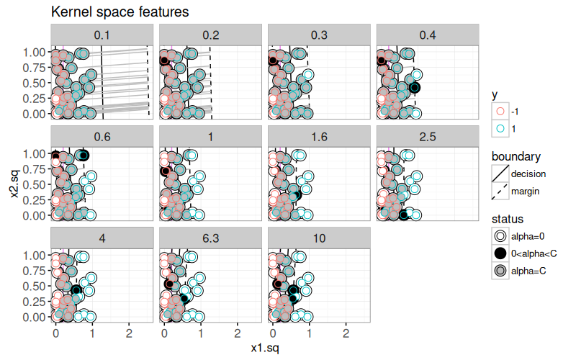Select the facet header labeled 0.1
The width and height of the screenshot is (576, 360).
[102, 34]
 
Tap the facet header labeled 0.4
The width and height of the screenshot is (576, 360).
[428, 34]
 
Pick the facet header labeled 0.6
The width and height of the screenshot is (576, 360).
[102, 136]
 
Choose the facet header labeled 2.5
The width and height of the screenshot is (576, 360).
[428, 136]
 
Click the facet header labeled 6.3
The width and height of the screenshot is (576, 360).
[210, 238]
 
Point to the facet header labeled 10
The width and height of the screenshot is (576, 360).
[319, 238]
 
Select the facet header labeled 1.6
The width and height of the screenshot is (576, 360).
[319, 136]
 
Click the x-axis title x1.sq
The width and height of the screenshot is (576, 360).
[265, 348]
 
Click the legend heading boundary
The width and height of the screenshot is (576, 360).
[516, 156]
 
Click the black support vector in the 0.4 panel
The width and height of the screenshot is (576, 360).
[414, 87]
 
